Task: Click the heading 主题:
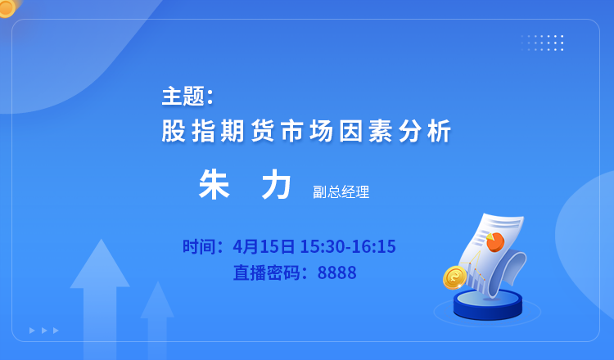pyautogui.click(x=187, y=97)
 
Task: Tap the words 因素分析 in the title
pyautogui.click(x=395, y=131)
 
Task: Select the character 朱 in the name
pyautogui.click(x=214, y=185)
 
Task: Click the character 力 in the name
pyautogui.click(x=277, y=185)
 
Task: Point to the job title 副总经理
pyautogui.click(x=341, y=191)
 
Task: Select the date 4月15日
pyautogui.click(x=264, y=246)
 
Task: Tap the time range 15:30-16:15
pyautogui.click(x=348, y=246)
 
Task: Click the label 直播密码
pyautogui.click(x=267, y=272)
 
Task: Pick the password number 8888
pyautogui.click(x=336, y=272)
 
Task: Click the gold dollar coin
pyautogui.click(x=454, y=277)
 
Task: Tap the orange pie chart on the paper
pyautogui.click(x=495, y=242)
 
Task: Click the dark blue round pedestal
pyautogui.click(x=488, y=305)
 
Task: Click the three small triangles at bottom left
pyautogui.click(x=44, y=331)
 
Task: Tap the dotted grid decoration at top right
pyautogui.click(x=542, y=43)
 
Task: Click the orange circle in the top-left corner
pyautogui.click(x=7, y=7)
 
